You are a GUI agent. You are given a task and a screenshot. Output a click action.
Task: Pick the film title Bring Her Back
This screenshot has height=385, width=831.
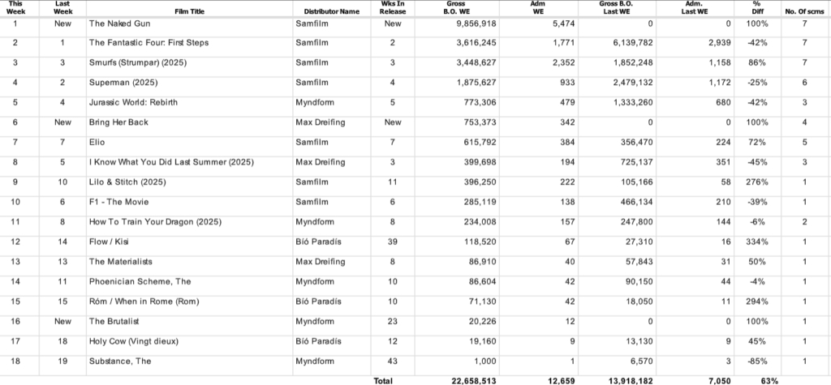click(x=119, y=122)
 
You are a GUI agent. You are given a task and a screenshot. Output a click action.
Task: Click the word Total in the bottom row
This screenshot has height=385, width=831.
click(x=382, y=380)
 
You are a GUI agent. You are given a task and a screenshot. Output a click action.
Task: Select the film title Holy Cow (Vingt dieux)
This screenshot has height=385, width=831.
click(x=133, y=340)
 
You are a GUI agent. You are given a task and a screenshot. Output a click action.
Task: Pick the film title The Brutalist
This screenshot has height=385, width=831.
click(x=114, y=321)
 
